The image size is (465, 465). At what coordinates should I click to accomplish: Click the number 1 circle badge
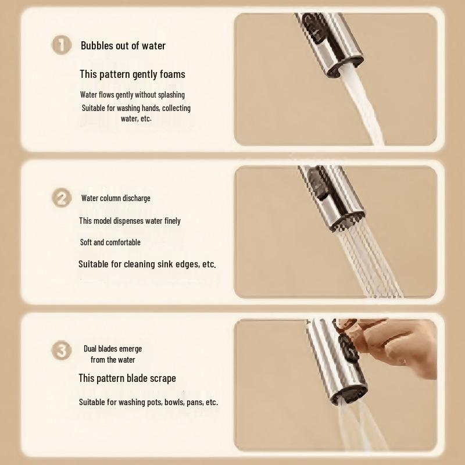(61, 45)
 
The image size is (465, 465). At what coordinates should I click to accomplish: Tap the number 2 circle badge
(61, 198)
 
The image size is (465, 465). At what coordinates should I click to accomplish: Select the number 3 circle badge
(61, 351)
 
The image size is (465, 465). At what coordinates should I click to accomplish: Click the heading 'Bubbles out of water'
(123, 45)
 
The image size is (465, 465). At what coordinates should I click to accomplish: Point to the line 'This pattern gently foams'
(132, 74)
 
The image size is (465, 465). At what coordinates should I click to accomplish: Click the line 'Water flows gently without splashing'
(132, 94)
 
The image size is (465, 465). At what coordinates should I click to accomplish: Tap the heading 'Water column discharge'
(116, 198)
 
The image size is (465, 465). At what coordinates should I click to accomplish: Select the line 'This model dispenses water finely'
(130, 221)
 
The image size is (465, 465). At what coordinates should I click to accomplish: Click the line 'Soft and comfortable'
(110, 242)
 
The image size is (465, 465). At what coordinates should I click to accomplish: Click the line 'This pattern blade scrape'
(127, 378)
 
